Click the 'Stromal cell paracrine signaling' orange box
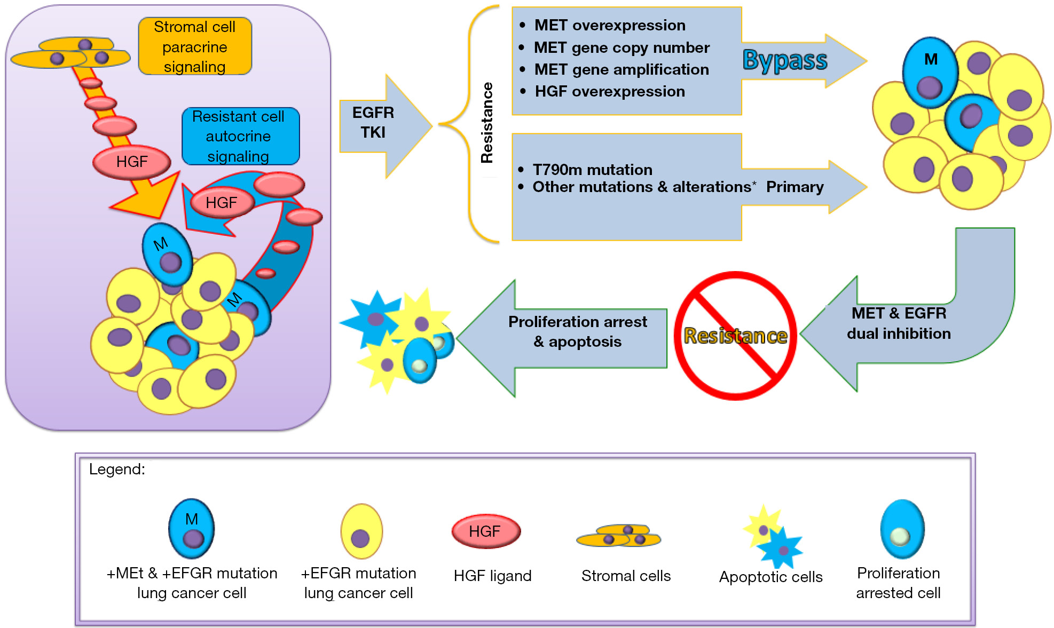(195, 46)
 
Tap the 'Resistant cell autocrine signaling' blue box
(240, 136)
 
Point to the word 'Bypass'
(785, 60)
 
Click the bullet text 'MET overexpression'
(610, 25)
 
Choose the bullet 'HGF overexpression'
(610, 91)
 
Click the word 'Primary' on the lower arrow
(795, 187)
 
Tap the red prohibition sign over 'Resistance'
(736, 336)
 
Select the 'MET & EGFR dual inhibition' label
(899, 323)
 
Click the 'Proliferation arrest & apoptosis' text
(578, 331)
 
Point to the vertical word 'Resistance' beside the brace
(487, 123)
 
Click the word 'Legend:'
(117, 469)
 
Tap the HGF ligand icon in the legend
(486, 531)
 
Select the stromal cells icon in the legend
(619, 536)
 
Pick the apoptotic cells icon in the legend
(773, 536)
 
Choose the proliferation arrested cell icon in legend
(902, 529)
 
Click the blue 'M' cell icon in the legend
(192, 529)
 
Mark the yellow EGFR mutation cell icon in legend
(362, 531)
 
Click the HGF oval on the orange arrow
(132, 162)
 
